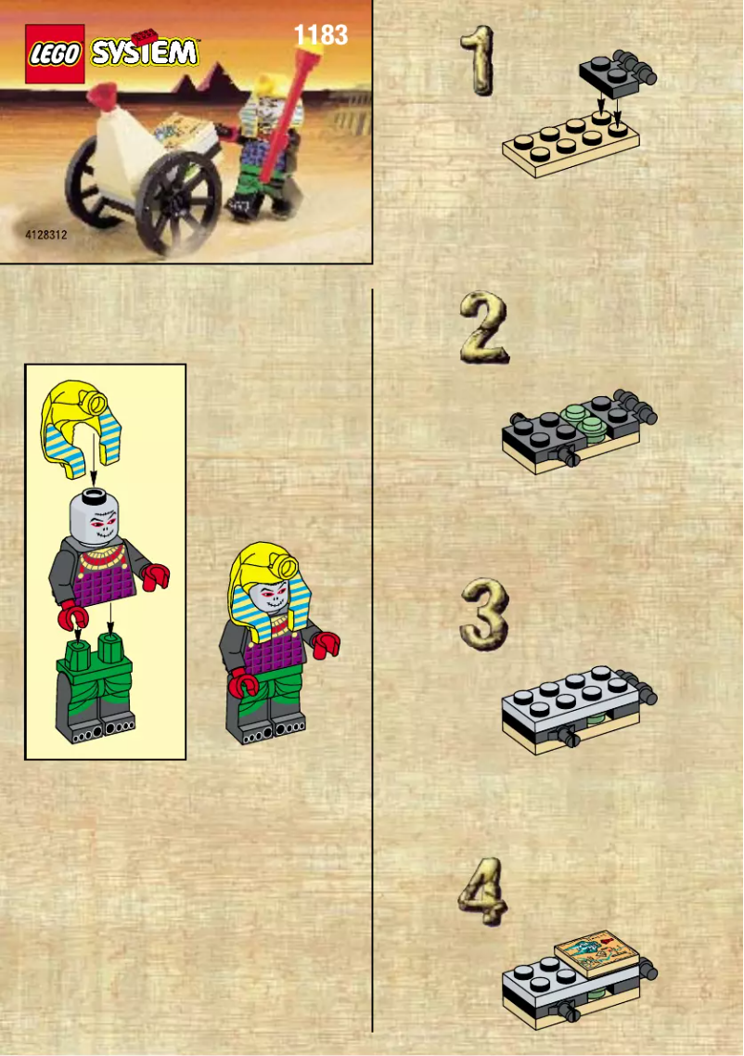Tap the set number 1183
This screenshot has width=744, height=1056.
[x=320, y=35]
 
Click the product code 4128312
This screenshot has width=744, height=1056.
[x=46, y=236]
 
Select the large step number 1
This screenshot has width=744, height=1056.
[x=477, y=60]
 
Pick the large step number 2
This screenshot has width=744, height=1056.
[x=483, y=327]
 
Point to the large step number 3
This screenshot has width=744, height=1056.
[x=484, y=613]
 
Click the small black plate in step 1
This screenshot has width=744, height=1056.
[x=612, y=74]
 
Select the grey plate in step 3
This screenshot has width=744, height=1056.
[x=566, y=705]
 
